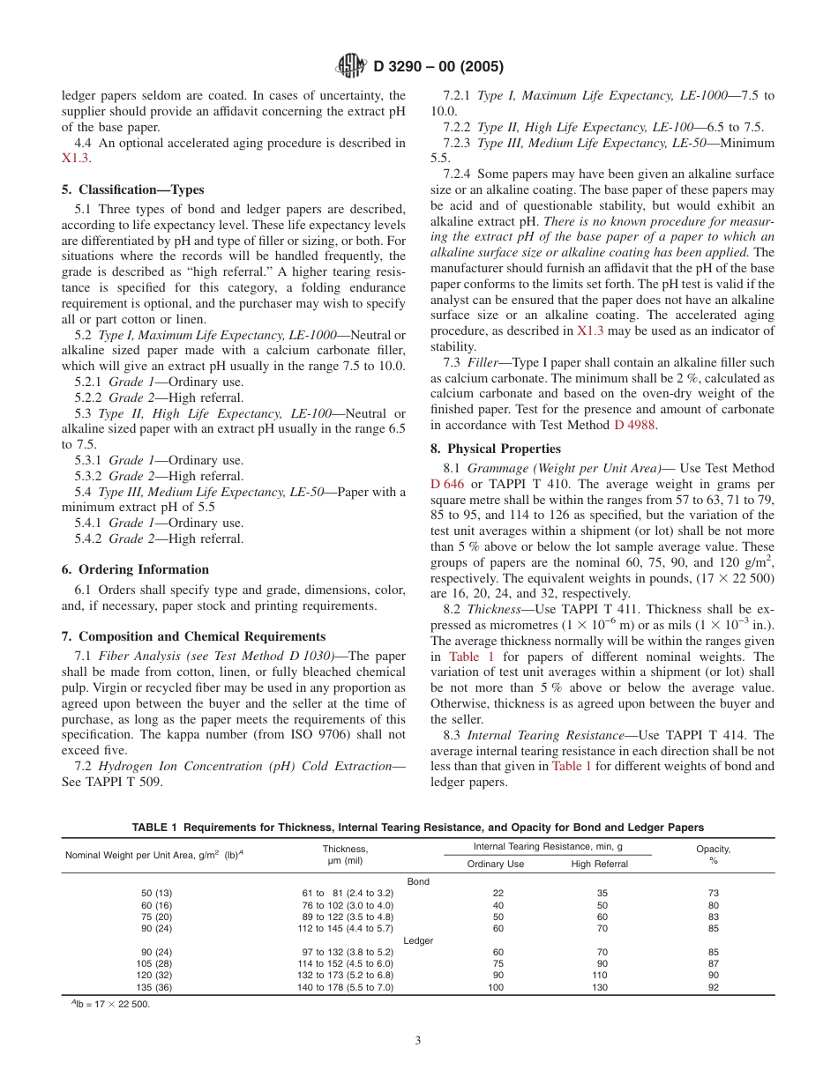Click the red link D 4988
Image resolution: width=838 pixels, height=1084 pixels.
pos(635,426)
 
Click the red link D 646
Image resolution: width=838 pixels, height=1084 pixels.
pos(448,484)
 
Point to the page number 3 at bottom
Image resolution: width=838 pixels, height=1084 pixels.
pos(418,1040)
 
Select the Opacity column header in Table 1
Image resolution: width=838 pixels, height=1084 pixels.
pos(713,854)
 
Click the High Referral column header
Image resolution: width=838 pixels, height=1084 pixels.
pos(600,865)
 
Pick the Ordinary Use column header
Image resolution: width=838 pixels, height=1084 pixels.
pos(496,865)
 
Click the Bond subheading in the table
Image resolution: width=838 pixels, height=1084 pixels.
pos(418,881)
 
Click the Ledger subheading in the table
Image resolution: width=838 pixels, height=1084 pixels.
pos(418,940)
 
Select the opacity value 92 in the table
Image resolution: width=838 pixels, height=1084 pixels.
pos(714,987)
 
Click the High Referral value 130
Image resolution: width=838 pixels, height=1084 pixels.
pos(600,987)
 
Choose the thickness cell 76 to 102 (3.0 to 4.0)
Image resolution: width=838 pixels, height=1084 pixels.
pos(348,905)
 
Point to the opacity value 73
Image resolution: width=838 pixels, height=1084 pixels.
pos(714,893)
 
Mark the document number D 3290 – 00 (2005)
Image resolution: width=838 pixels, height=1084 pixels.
pos(438,66)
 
